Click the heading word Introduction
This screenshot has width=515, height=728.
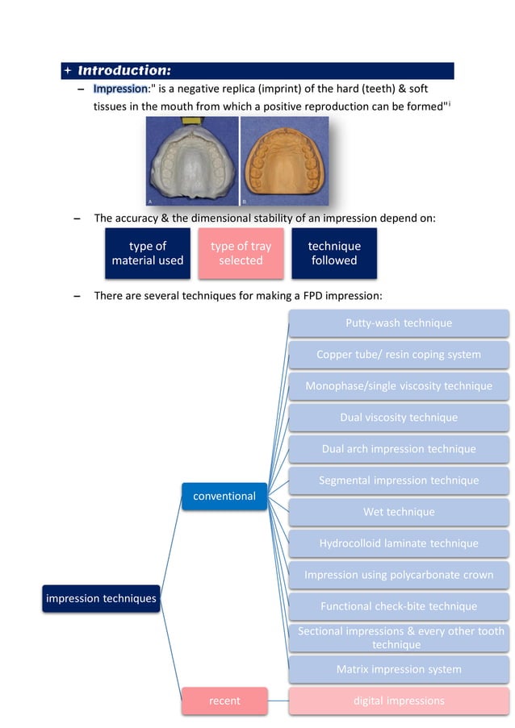[124, 71]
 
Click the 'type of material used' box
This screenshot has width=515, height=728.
[148, 253]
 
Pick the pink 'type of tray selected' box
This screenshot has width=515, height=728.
[241, 253]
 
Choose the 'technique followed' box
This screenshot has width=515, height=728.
[334, 253]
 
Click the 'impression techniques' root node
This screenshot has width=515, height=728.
[101, 598]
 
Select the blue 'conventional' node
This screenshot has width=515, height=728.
[224, 496]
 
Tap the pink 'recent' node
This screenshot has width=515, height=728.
[224, 701]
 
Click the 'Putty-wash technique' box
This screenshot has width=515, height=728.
[399, 322]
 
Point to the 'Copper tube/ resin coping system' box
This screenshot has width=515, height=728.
[399, 354]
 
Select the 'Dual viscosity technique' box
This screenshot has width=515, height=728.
[399, 417]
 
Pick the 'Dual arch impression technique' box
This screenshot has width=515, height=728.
[399, 448]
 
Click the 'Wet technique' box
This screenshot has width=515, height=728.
[399, 511]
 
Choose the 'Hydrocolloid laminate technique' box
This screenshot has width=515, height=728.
[399, 543]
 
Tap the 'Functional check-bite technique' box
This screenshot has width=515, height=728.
[399, 606]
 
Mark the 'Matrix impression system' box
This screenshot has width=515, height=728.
[399, 669]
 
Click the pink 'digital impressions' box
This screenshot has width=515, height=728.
[399, 701]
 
